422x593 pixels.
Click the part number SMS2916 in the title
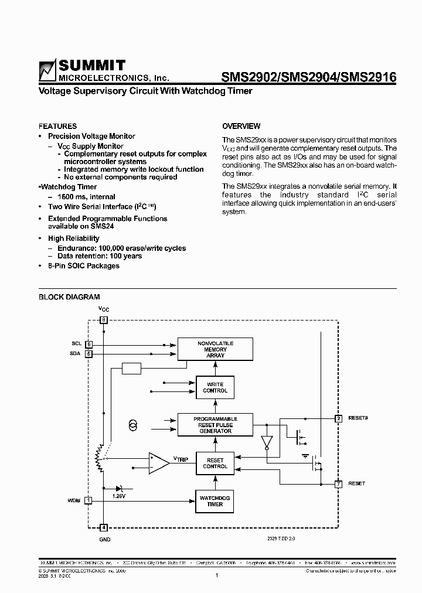click(x=370, y=77)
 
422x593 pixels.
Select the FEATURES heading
click(x=57, y=126)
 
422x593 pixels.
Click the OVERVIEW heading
click(x=241, y=126)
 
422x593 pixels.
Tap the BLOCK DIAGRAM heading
click(x=69, y=297)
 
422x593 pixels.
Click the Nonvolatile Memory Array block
click(x=215, y=349)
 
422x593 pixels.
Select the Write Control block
click(x=215, y=387)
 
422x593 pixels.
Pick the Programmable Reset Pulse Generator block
click(x=215, y=425)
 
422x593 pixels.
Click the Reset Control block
click(x=215, y=463)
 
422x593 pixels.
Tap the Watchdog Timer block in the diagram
click(x=215, y=501)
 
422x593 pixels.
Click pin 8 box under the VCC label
click(x=104, y=320)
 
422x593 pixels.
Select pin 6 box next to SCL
click(x=89, y=344)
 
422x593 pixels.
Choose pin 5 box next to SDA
click(x=89, y=354)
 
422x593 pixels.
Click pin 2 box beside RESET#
click(x=338, y=418)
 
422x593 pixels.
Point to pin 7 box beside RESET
click(x=338, y=484)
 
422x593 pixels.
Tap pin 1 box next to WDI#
click(x=89, y=500)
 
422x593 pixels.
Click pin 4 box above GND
click(x=104, y=527)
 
